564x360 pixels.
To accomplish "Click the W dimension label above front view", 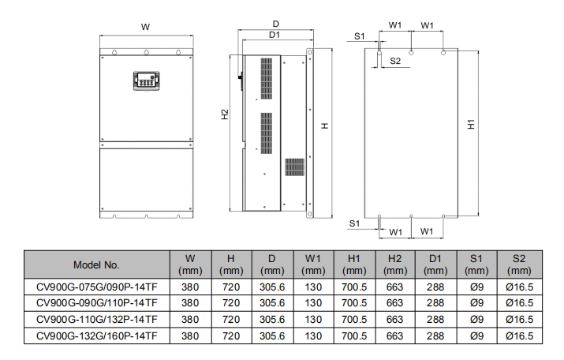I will coord(146,27).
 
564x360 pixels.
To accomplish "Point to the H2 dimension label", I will coord(225,114).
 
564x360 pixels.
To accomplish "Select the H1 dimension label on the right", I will coord(470,126).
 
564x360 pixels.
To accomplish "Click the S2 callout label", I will coord(396,61).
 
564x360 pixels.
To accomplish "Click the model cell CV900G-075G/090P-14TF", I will coord(96,286).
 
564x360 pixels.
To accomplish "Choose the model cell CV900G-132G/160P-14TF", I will coord(96,336).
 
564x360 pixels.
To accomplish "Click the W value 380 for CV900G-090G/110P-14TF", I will coord(190,302).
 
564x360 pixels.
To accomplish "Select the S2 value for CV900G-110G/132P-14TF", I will coord(518,319).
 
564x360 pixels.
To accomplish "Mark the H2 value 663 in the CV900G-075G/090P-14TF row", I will coord(394,286).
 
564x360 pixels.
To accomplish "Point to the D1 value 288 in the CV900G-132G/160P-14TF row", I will coord(435,336).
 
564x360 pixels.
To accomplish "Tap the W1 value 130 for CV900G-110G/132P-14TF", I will coord(312,319).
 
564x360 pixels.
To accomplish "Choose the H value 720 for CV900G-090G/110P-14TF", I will coord(231,302).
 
